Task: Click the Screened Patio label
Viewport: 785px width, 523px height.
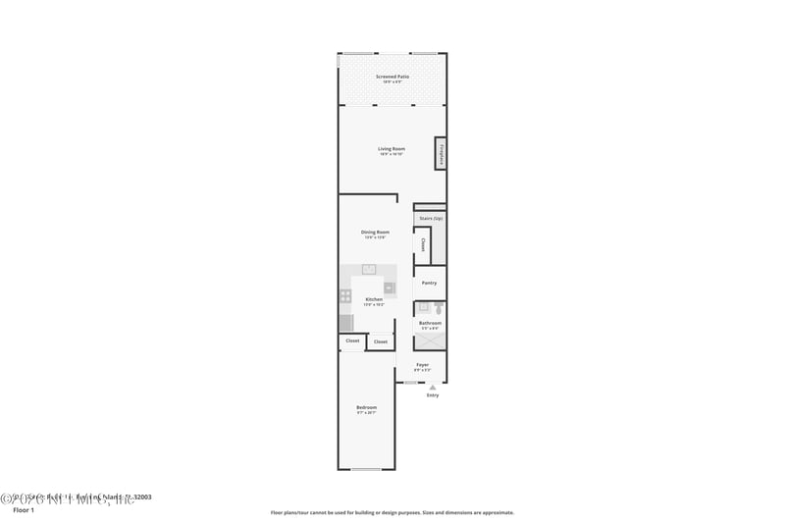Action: tap(392, 77)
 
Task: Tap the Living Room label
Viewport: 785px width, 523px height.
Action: tap(392, 149)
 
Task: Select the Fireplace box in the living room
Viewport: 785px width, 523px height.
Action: tap(442, 153)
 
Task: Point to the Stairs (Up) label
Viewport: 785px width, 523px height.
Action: tap(430, 218)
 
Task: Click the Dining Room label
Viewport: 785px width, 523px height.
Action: tap(376, 233)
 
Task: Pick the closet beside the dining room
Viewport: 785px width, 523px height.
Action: tap(423, 244)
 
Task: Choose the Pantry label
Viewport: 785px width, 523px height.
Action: tap(429, 283)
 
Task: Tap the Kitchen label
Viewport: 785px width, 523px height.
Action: tap(374, 299)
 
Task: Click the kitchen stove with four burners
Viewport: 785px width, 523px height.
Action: tap(345, 294)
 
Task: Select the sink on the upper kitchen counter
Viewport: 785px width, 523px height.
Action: tap(369, 269)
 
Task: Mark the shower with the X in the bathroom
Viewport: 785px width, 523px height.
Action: tap(430, 341)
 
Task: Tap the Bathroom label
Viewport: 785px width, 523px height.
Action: tap(430, 323)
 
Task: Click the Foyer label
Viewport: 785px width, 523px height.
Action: tap(422, 365)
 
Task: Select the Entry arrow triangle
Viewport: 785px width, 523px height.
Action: tap(432, 388)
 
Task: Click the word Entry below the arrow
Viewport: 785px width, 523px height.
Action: tap(432, 395)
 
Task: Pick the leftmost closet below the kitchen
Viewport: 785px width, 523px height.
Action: tap(351, 340)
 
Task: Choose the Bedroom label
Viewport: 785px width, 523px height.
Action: tap(366, 407)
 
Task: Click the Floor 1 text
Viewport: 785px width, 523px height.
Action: tap(23, 510)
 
